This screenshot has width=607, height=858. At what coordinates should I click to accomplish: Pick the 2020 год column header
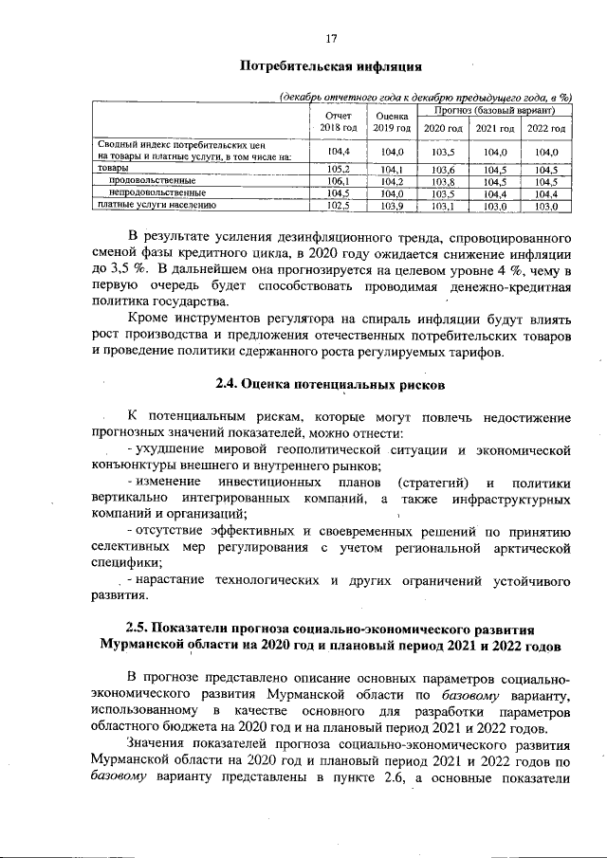click(x=443, y=129)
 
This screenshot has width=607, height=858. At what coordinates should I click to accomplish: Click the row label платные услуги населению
click(x=157, y=204)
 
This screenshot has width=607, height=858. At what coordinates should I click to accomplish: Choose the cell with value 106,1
click(x=339, y=181)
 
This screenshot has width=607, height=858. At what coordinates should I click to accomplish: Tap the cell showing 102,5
click(x=339, y=204)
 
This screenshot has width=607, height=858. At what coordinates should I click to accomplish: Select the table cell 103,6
click(x=443, y=170)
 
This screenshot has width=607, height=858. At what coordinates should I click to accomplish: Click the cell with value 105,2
click(x=339, y=170)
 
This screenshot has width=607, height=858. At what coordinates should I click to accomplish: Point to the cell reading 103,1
click(x=443, y=204)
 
